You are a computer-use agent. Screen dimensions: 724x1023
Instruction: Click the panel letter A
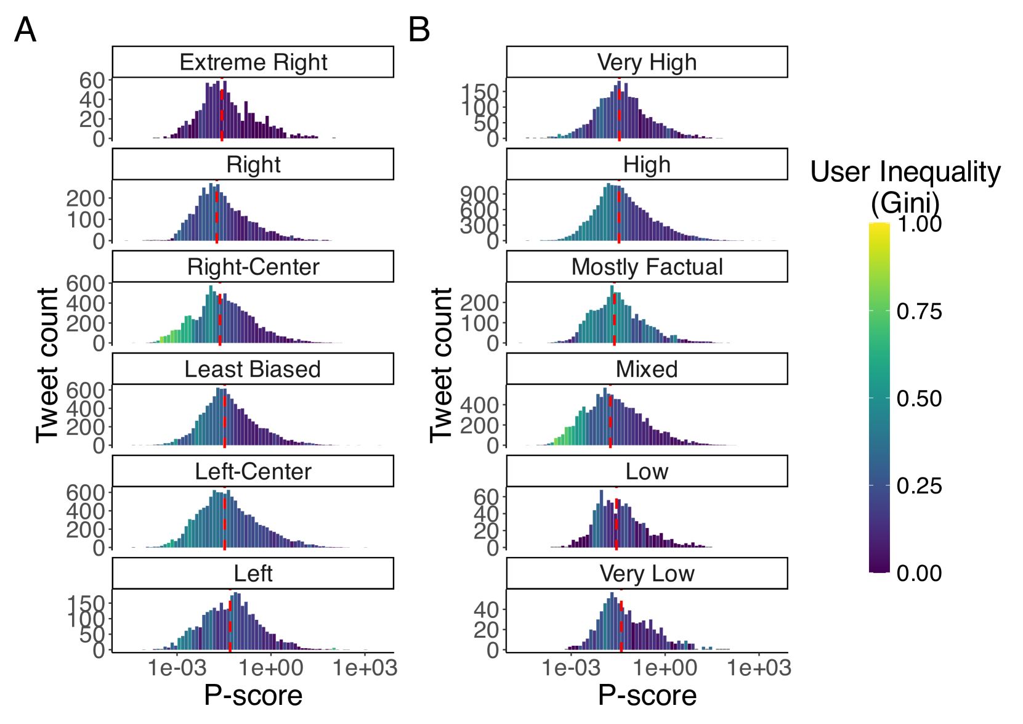[x=25, y=30]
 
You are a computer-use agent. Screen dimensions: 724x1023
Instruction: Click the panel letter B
[x=419, y=30]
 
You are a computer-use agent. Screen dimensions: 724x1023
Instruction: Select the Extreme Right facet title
[x=253, y=62]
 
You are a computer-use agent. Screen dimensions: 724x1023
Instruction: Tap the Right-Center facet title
[x=253, y=267]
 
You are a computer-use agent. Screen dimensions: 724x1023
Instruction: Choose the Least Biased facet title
[x=253, y=369]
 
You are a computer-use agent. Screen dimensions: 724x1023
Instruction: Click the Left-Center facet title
[x=253, y=471]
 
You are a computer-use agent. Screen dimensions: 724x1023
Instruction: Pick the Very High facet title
[x=647, y=62]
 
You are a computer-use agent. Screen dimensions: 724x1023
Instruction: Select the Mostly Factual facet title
[x=647, y=267]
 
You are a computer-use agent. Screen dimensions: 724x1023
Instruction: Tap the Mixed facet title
[x=647, y=369]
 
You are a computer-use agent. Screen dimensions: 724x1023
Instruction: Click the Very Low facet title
[x=647, y=574]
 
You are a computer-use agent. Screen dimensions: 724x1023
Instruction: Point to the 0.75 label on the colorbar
[x=919, y=311]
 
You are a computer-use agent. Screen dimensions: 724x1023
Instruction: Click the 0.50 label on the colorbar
[x=919, y=399]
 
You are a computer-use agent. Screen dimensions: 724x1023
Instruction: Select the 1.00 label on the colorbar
[x=919, y=224]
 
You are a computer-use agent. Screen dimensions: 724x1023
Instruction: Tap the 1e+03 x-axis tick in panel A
[x=365, y=668]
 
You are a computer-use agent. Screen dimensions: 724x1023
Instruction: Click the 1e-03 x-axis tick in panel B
[x=571, y=668]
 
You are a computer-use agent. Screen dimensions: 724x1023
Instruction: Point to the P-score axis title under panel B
[x=647, y=696]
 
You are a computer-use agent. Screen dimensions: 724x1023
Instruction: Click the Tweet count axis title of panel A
[x=47, y=365]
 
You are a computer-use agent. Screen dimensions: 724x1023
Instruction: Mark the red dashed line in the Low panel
[x=617, y=524]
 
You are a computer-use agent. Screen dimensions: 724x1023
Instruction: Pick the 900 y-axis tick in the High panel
[x=479, y=194]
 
